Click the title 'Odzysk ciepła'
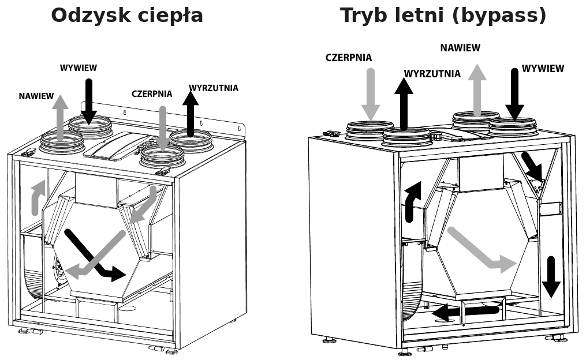pos(127,16)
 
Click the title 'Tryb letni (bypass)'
pos(443,16)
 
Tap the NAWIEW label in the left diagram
pos(36,96)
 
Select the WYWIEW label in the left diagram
pos(79,68)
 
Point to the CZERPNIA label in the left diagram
pos(152,93)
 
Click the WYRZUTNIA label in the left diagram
pos(214,88)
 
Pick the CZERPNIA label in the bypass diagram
pos(349,58)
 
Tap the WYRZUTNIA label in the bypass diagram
pos(432,74)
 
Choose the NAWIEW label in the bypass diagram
pos(460,48)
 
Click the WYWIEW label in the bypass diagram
pos(543,69)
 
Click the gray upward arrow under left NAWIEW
pos(60,118)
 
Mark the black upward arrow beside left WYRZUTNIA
pos(191,114)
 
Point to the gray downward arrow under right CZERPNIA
pos(370,95)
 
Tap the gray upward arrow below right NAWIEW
pos(477,90)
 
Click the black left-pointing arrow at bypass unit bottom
pos(465,312)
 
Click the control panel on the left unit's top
pos(117,145)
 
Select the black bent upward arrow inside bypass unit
pos(412,202)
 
